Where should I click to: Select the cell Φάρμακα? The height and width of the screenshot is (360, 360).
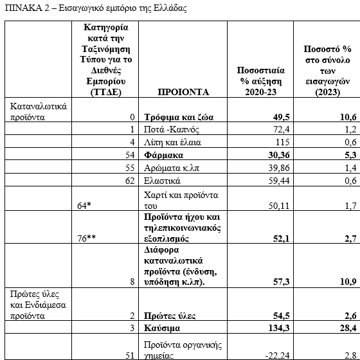point(163,156)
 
